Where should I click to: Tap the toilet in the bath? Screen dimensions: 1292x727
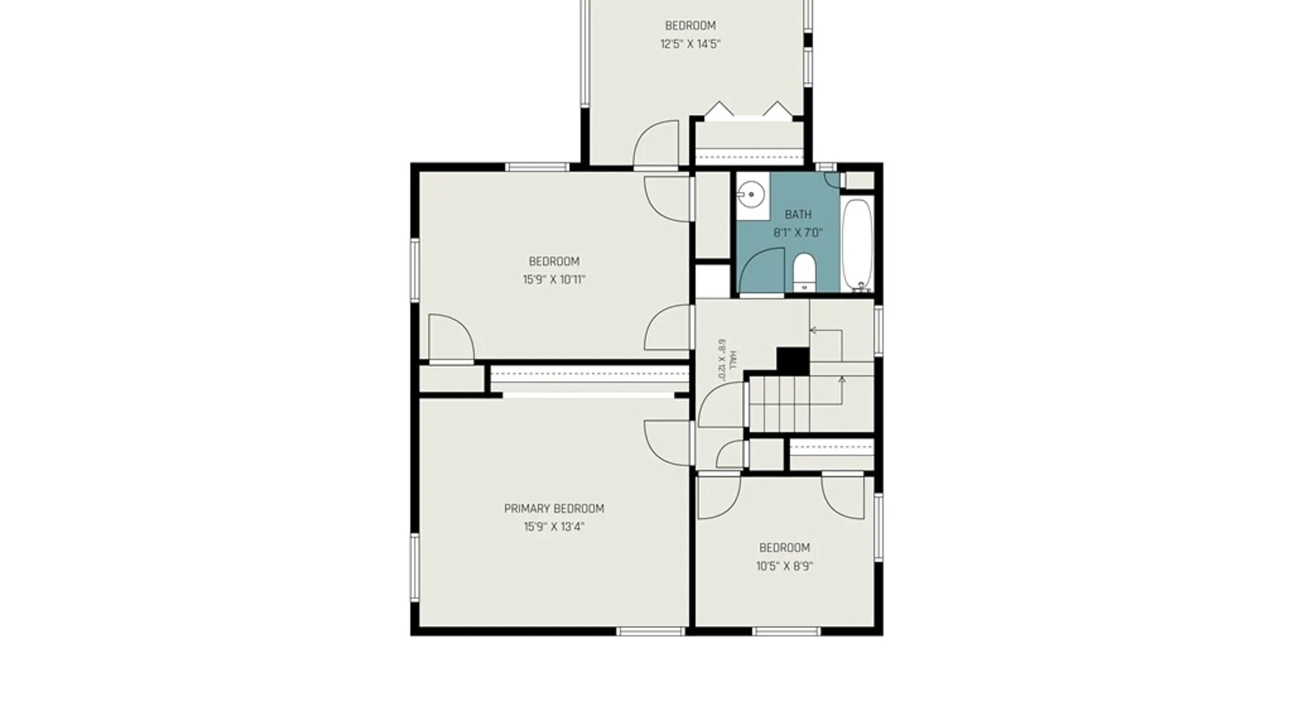pos(804,273)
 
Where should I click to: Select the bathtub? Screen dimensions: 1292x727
pos(857,245)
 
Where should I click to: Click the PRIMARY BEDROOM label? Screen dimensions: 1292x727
pos(554,509)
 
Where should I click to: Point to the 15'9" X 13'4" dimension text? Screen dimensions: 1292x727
pos(554,527)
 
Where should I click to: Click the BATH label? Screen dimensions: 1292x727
pos(798,215)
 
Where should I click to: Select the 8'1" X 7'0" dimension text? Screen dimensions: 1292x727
pos(798,233)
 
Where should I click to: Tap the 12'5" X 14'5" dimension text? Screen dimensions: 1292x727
pos(690,44)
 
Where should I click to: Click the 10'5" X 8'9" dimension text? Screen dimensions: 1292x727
pos(785,566)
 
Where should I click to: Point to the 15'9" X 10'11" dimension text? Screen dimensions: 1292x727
pos(554,279)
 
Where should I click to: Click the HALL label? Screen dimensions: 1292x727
pos(733,361)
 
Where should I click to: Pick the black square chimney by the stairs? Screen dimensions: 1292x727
pos(793,361)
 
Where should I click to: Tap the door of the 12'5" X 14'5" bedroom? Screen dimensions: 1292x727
pos(656,143)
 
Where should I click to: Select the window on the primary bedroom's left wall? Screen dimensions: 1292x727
pos(415,567)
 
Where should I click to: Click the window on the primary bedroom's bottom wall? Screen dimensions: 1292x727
pos(651,631)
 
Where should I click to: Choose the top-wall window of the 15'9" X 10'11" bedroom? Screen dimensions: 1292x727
pos(538,167)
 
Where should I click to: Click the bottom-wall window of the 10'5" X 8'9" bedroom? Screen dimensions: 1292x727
pos(787,631)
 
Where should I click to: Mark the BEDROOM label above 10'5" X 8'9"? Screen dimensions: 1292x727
pos(785,548)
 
